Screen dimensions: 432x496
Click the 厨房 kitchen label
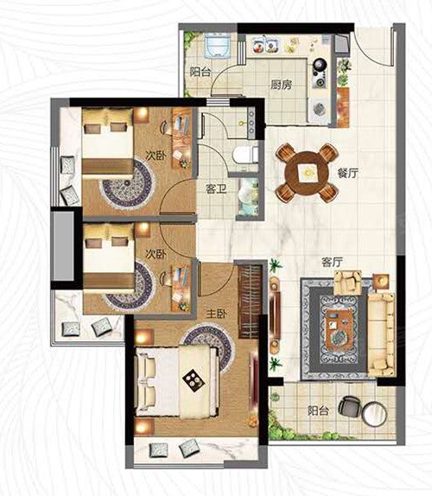[x=281, y=85]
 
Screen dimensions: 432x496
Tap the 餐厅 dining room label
[x=347, y=173]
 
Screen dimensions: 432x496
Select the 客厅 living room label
[x=333, y=262]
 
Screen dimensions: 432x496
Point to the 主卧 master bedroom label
[x=217, y=314]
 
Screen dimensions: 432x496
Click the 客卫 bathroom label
[x=216, y=189]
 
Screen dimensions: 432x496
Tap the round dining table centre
[x=307, y=173]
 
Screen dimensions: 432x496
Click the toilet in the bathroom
[x=245, y=155]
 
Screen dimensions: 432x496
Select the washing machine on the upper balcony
[x=217, y=46]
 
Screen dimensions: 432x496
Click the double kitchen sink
[x=265, y=45]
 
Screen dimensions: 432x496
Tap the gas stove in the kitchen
[x=320, y=73]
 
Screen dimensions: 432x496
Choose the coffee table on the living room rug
[x=339, y=330]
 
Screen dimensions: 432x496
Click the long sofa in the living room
[x=381, y=334]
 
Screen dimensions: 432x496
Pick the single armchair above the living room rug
[x=348, y=283]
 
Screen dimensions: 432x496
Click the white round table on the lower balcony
[x=374, y=413]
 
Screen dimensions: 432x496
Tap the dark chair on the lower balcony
[x=349, y=406]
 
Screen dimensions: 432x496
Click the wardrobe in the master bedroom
[x=250, y=301]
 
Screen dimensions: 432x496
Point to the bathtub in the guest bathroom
[x=249, y=197]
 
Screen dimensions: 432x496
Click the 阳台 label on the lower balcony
[x=319, y=411]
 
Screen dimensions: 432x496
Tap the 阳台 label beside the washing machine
[x=200, y=72]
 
